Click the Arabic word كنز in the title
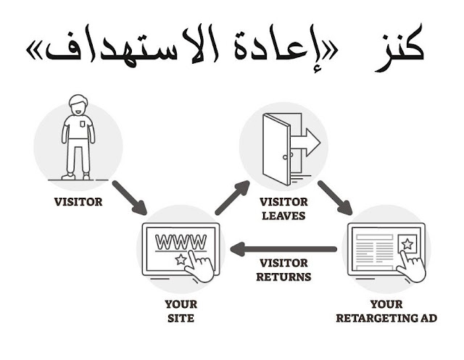[402, 49]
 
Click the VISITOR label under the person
[78, 202]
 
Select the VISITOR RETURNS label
[284, 269]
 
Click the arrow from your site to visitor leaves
[232, 198]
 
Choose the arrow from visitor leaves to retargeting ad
[335, 198]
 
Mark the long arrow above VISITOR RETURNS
[283, 250]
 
